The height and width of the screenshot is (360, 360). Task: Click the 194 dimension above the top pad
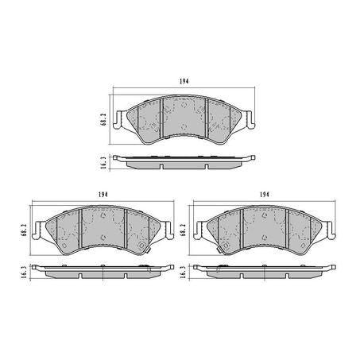184,81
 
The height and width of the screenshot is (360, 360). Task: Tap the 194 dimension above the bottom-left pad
103,195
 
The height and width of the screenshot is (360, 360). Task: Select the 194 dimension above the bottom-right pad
265,195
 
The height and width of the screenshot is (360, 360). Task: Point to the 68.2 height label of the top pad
103,119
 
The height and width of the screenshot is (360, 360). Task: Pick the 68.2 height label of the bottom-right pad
182,230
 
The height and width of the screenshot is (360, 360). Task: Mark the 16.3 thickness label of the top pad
103,163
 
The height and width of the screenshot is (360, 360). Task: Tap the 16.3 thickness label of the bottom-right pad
182,272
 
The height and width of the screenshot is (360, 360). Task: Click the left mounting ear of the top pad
118,120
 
